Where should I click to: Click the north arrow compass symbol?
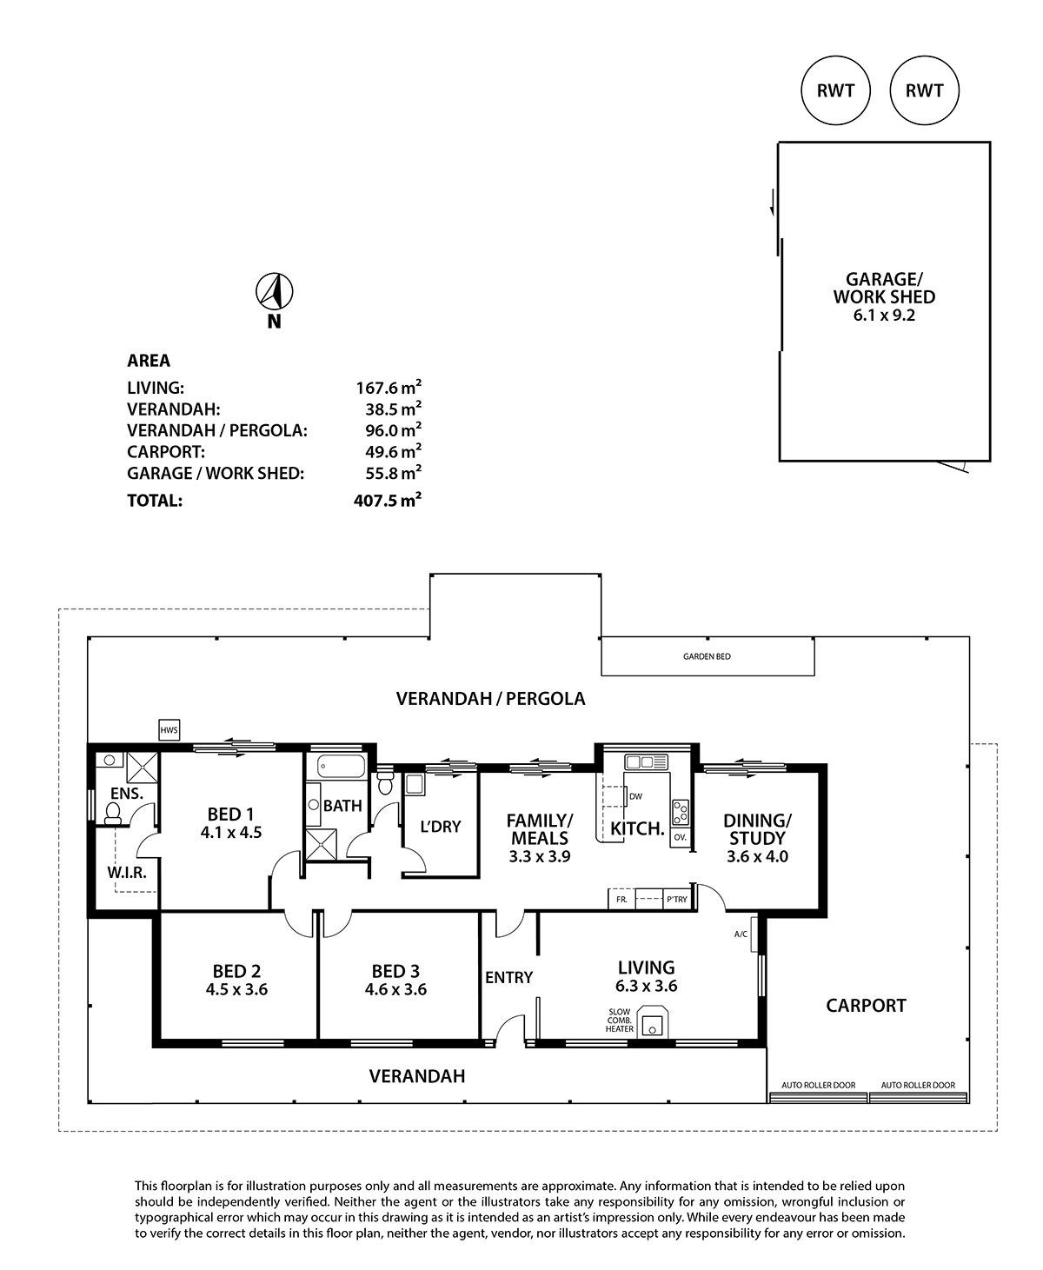275,291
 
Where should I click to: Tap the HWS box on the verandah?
169,730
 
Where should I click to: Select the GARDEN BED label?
707,656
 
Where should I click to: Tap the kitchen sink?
646,762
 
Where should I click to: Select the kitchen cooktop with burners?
681,812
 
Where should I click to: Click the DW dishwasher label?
636,796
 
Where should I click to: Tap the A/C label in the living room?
741,934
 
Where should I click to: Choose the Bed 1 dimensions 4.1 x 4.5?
231,833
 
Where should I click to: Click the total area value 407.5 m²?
387,500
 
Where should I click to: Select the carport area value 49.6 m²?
393,451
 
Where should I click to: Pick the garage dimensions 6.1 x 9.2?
884,315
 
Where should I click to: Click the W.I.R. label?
127,872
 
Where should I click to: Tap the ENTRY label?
508,977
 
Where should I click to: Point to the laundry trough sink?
415,785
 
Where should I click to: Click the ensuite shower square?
143,768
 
